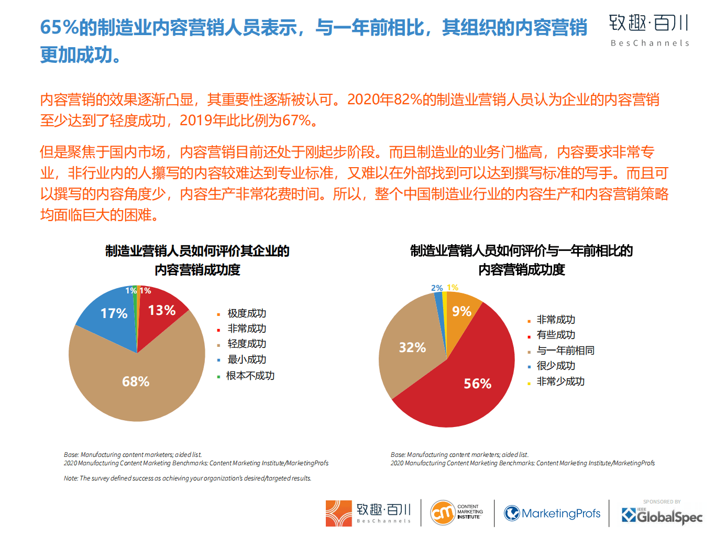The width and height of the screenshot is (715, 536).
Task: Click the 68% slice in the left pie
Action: pyautogui.click(x=136, y=381)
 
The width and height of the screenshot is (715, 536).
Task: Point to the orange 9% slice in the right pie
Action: pyautogui.click(x=461, y=311)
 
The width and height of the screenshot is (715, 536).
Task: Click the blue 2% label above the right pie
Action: pyautogui.click(x=437, y=288)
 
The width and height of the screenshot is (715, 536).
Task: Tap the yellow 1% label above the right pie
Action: pyautogui.click(x=453, y=288)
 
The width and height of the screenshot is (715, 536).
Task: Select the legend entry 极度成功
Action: pyautogui.click(x=246, y=313)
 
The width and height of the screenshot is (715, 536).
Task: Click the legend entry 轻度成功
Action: pyautogui.click(x=246, y=344)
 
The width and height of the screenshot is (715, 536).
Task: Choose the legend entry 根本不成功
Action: pyautogui.click(x=250, y=376)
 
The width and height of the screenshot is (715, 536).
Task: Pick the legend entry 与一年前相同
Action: pyautogui.click(x=565, y=351)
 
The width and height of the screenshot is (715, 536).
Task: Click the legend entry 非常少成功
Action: pyautogui.click(x=560, y=381)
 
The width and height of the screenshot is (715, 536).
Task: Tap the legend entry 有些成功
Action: pyautogui.click(x=556, y=335)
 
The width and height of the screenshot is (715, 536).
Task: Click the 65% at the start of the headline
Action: pyautogui.click(x=59, y=27)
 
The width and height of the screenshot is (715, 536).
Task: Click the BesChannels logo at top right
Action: pyautogui.click(x=649, y=30)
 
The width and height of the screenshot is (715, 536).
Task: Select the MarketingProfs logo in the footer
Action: pyautogui.click(x=552, y=513)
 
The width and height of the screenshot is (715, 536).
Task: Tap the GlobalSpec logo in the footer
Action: pyautogui.click(x=662, y=516)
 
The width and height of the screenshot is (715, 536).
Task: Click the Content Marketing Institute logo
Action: pyautogui.click(x=456, y=512)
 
